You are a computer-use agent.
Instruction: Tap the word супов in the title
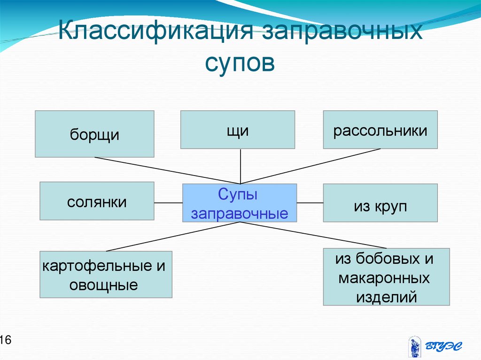click(240, 64)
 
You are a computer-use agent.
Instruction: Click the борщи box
click(94, 134)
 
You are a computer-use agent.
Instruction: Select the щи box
click(238, 130)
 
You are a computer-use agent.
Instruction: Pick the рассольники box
click(380, 130)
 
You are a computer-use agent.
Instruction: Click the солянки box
click(97, 201)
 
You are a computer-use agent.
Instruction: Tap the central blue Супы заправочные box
click(240, 203)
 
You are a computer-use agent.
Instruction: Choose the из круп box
click(380, 203)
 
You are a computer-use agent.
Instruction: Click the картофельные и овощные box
click(106, 274)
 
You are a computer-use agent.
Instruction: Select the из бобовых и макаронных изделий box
click(386, 277)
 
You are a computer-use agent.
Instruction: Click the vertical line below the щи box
click(240, 166)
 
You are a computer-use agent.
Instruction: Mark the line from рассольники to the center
click(310, 166)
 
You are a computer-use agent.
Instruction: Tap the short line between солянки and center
click(168, 203)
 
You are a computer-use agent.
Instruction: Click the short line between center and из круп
click(310, 203)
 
